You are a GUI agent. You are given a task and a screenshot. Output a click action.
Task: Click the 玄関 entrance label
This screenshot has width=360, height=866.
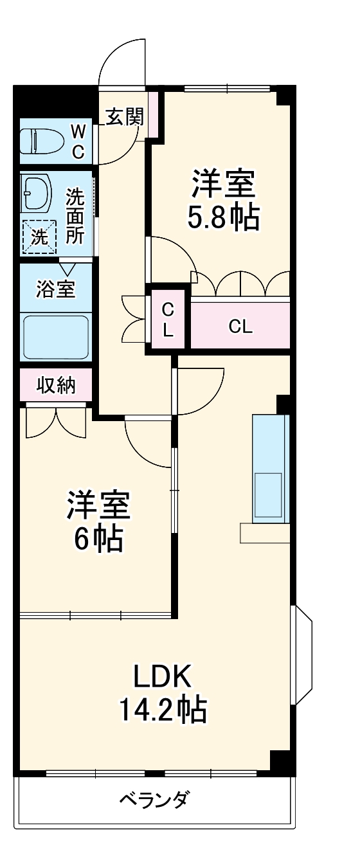pyautogui.click(x=124, y=117)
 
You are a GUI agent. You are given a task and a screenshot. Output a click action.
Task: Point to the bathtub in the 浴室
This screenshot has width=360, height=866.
pyautogui.click(x=55, y=337)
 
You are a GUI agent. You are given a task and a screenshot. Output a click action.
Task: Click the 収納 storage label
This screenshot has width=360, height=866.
pyautogui.click(x=55, y=385)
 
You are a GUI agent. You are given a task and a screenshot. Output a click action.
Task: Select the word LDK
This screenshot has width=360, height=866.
pyautogui.click(x=162, y=677)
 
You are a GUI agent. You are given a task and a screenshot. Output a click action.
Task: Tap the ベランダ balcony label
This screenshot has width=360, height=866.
pyautogui.click(x=154, y=800)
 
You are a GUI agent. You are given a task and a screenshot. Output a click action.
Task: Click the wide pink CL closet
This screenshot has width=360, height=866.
pyautogui.click(x=240, y=326)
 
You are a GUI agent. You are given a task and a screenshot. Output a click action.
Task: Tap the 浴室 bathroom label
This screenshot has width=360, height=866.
pyautogui.click(x=55, y=289)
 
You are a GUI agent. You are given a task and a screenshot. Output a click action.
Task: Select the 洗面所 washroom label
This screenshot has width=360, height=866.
pyautogui.click(x=75, y=215)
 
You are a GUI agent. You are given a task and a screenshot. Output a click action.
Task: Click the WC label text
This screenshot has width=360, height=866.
pyautogui.click(x=77, y=141)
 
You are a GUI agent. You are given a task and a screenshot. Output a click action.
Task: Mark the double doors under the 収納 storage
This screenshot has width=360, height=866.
pyautogui.click(x=56, y=421)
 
